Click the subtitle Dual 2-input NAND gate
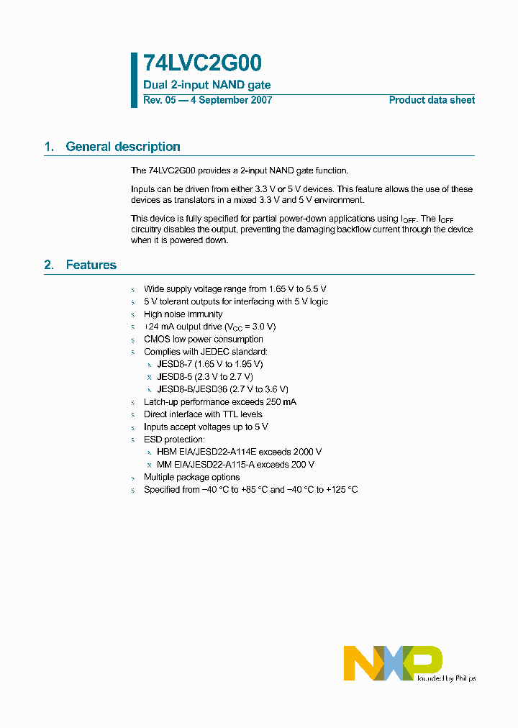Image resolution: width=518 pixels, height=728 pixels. (x=207, y=85)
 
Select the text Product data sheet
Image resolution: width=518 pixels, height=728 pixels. (x=432, y=100)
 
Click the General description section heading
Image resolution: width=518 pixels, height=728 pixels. (x=122, y=147)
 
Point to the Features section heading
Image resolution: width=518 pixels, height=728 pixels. (x=91, y=265)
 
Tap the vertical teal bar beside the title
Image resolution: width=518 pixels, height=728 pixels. (x=134, y=80)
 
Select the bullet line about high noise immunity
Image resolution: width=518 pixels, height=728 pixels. (x=183, y=314)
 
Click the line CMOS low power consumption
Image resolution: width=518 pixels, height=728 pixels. (x=203, y=339)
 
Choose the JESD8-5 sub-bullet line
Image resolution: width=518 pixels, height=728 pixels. (x=205, y=376)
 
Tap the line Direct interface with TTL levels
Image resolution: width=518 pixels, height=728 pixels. (x=203, y=414)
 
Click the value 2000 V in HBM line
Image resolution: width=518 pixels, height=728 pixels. (x=306, y=452)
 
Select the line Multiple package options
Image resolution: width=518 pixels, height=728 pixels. (x=191, y=477)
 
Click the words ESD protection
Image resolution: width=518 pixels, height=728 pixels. (x=174, y=439)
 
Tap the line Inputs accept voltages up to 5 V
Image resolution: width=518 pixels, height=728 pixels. (x=206, y=427)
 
